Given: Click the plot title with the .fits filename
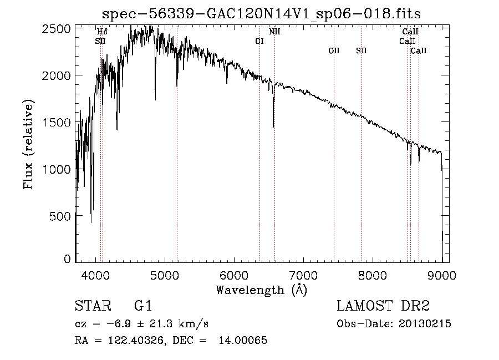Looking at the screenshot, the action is [x=261, y=14].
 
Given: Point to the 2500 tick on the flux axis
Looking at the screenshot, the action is [x=56, y=29].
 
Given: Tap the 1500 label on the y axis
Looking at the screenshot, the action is [x=56, y=122].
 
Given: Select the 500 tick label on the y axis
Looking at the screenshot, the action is [x=60, y=216].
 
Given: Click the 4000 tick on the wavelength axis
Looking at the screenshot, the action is [x=95, y=275].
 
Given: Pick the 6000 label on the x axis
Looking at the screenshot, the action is [x=234, y=275].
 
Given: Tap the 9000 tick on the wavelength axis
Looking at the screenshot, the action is [x=442, y=275].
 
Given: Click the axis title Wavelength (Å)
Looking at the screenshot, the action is [x=262, y=290].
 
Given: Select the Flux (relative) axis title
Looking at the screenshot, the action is [x=28, y=145].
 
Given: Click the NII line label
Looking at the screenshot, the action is [x=274, y=32].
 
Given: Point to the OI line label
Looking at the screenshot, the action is [x=259, y=41].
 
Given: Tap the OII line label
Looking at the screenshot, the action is [x=334, y=50].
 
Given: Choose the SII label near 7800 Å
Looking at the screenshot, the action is [x=361, y=50].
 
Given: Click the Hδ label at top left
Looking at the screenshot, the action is [x=102, y=32].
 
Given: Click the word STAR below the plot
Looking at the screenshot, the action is [x=93, y=306].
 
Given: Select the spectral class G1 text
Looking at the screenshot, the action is [x=143, y=306].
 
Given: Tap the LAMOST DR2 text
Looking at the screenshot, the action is [x=383, y=306].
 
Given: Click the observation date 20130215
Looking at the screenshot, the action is [x=425, y=324].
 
